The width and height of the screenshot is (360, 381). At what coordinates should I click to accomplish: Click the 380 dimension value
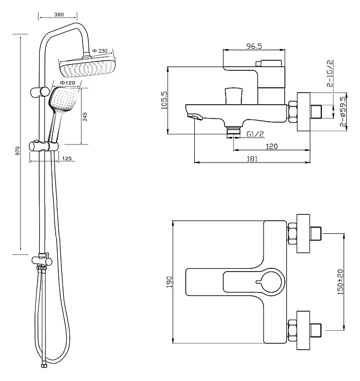pyautogui.click(x=59, y=15)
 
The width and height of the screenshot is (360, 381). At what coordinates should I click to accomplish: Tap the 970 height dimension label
pyautogui.click(x=17, y=151)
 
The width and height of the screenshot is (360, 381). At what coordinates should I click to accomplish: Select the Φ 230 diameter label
pyautogui.click(x=100, y=51)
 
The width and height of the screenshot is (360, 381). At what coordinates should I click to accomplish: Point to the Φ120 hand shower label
pyautogui.click(x=67, y=83)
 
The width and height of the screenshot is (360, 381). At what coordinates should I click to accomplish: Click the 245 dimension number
pyautogui.click(x=85, y=116)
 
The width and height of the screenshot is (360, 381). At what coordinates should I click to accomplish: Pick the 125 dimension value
pyautogui.click(x=67, y=159)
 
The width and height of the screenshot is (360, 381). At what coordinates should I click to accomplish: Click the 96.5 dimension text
pyautogui.click(x=254, y=46)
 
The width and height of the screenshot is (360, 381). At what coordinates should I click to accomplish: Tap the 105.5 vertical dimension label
pyautogui.click(x=165, y=100)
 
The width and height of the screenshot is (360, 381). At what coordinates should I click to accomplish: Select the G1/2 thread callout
pyautogui.click(x=255, y=134)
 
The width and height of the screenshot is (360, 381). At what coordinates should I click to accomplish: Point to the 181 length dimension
pyautogui.click(x=252, y=159)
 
